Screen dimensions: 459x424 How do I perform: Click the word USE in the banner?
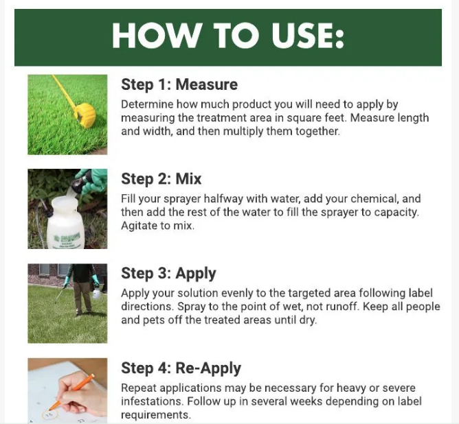(308, 36)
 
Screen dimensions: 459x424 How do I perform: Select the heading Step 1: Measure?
(179, 84)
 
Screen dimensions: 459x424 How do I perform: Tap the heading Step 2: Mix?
(161, 178)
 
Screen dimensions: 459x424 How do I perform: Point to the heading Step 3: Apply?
(168, 274)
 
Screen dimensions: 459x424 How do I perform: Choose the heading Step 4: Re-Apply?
(181, 368)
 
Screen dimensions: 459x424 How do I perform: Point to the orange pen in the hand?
(72, 392)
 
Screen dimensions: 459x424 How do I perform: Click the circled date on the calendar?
(49, 414)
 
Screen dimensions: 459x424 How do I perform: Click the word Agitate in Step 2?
(138, 226)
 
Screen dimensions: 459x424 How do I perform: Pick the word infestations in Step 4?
(152, 401)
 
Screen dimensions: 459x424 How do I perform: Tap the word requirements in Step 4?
(156, 415)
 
